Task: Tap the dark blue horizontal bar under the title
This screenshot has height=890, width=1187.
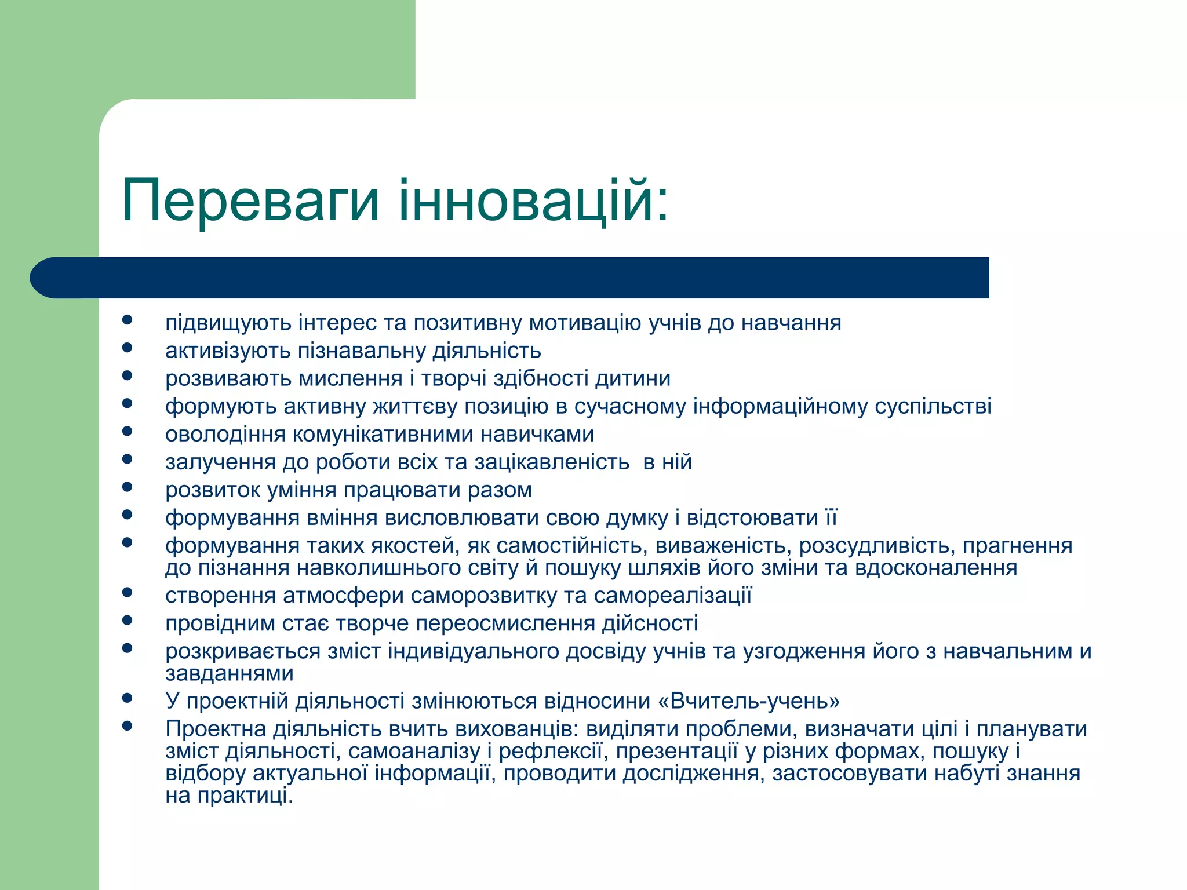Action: pos(510,278)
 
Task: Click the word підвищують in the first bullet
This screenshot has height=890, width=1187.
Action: pos(228,323)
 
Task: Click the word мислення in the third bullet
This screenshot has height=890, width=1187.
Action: pos(350,379)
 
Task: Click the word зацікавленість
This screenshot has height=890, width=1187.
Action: pos(552,462)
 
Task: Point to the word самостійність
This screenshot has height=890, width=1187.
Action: pos(571,546)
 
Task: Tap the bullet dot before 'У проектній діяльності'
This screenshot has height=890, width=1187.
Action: pos(128,698)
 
